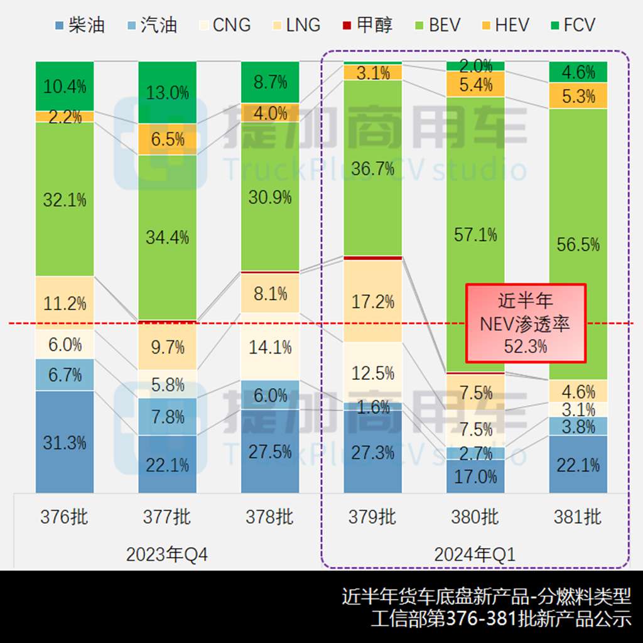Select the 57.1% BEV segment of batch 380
coord(475,234)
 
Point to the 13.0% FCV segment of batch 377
coord(168,92)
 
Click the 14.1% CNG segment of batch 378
coord(271,347)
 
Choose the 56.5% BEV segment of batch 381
coord(578,244)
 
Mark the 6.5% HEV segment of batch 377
coord(168,139)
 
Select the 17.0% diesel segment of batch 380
coord(475,476)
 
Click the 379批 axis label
coord(373,517)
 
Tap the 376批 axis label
coord(65,517)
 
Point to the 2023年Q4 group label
coord(167,554)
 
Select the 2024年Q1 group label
coord(475,554)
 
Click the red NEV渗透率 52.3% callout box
coord(526,323)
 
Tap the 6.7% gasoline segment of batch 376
coord(65,374)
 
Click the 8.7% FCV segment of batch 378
coord(271,82)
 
